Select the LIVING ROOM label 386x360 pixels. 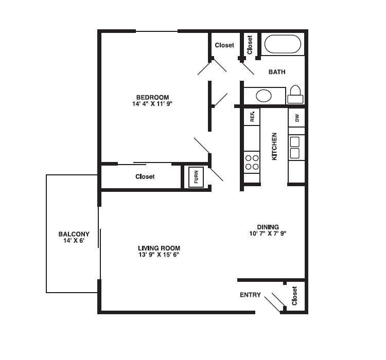pos(159,248)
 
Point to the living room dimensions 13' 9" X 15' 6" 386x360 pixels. pos(159,255)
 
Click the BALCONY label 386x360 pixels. pos(74,234)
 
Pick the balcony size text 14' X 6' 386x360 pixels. pos(74,241)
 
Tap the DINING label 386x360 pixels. pos(268,227)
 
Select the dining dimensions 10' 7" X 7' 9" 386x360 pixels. pos(268,233)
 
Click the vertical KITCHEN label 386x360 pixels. pos(274,146)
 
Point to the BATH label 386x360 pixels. pos(277,72)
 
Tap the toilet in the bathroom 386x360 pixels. pos(295,94)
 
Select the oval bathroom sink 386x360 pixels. pos(264,96)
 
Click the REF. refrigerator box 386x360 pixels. pos(252,117)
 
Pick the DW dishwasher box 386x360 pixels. pos(296,117)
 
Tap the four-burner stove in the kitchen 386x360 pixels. pos(252,162)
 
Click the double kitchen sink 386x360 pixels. pos(295,147)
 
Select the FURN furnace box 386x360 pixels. pos(196,177)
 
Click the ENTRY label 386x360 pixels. pos(250,295)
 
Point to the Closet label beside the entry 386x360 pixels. pos(295,296)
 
